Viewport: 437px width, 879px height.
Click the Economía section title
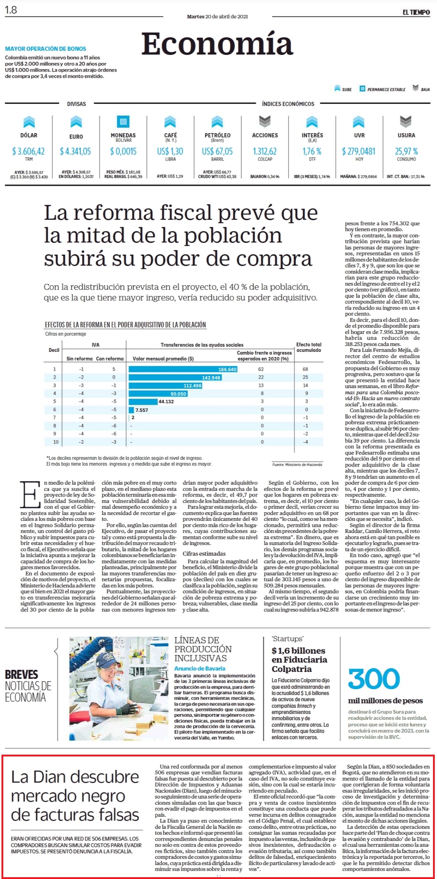click(217, 44)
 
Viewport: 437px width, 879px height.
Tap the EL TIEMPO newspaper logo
click(416, 12)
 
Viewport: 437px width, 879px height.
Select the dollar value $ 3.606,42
click(29, 151)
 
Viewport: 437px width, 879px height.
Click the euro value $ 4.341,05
click(76, 151)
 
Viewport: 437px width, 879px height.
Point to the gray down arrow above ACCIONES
click(265, 121)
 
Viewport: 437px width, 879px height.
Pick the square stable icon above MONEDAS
click(123, 121)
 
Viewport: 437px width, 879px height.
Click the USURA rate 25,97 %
click(406, 151)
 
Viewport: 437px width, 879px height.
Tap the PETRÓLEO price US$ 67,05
click(217, 151)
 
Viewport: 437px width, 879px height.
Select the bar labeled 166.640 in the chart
click(183, 369)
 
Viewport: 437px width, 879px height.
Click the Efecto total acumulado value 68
click(305, 369)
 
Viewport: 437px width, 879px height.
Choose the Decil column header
click(54, 350)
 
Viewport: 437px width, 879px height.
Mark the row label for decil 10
click(56, 442)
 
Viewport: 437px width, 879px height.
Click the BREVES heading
click(22, 675)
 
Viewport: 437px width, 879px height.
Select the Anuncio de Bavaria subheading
click(200, 668)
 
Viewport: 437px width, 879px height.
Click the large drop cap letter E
click(30, 494)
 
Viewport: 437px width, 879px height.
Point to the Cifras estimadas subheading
click(204, 553)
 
